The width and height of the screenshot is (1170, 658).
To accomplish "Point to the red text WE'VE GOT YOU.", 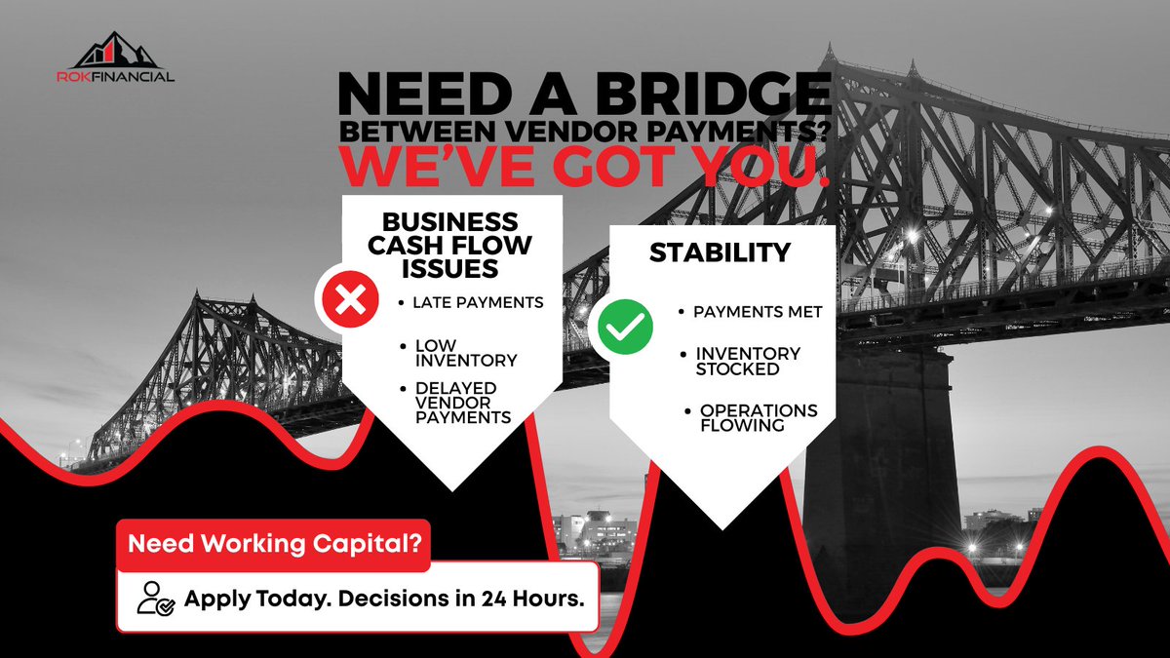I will click(585, 168).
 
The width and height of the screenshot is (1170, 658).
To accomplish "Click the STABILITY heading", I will click(721, 252).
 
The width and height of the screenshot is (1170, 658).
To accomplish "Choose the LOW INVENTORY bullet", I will click(465, 353).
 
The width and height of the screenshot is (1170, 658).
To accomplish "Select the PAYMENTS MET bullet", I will click(758, 312).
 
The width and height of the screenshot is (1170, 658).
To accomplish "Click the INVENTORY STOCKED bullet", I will click(747, 361).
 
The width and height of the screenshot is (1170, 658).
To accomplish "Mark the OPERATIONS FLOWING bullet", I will click(758, 417).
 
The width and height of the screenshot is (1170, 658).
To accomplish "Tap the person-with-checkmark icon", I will click(155, 598).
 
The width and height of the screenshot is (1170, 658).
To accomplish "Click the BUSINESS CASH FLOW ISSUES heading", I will click(449, 245).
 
